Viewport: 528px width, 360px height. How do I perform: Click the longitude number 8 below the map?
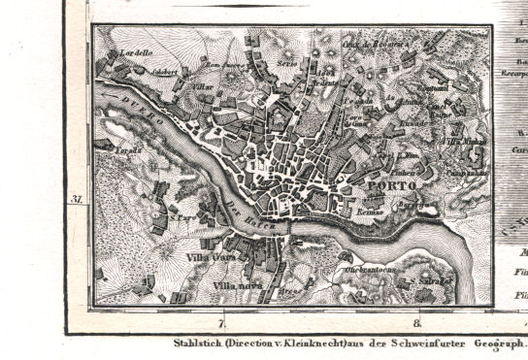pyautogui.click(x=417, y=323)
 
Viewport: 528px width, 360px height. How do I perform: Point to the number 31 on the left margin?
pyautogui.click(x=76, y=200)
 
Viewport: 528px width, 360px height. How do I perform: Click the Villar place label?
pyautogui.click(x=205, y=85)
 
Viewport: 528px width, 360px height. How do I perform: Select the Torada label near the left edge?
pyautogui.click(x=127, y=151)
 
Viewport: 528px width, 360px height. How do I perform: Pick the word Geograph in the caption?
pyautogui.click(x=498, y=344)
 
